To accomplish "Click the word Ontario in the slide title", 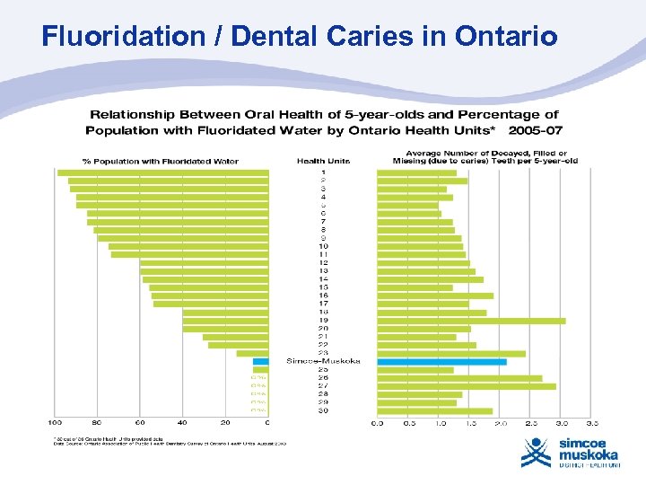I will [506, 37].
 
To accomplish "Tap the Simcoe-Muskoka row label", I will [323, 361].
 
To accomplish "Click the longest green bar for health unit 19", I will [471, 321].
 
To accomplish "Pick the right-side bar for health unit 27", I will [466, 386].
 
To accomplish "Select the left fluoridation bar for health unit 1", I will [162, 172].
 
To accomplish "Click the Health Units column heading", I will [323, 161].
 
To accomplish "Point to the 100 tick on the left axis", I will [56, 422].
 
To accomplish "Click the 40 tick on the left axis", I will [182, 422].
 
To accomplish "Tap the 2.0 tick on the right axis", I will [501, 422].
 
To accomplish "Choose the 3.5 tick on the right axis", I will [592, 422].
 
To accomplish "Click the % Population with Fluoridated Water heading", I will [161, 162].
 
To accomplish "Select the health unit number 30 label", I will [323, 410].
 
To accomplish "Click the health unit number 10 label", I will [323, 246].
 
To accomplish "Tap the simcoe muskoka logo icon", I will [536, 452].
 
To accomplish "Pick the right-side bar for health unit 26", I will [459, 378].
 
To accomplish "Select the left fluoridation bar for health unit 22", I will [238, 345].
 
